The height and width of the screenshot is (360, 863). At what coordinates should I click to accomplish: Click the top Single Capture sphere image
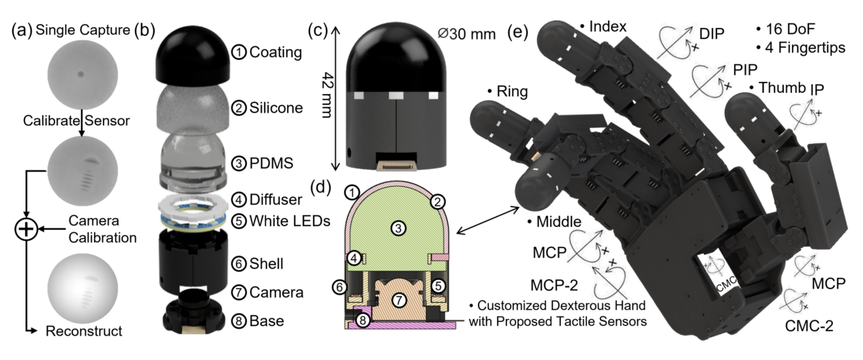[81, 72]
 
